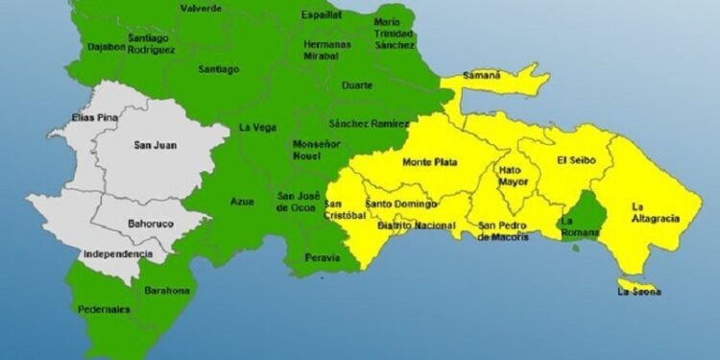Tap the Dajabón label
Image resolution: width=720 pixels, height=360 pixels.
pos(106,46)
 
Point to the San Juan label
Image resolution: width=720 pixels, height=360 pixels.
pos(154,145)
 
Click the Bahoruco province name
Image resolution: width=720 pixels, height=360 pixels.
pos(149,224)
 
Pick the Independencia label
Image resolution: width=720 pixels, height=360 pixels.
pos(118,253)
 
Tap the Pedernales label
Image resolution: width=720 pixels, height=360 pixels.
pos(105,309)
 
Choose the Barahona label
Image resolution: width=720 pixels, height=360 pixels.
pos(167,290)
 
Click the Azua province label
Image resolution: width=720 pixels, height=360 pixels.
pos(242,202)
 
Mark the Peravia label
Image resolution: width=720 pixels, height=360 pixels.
pos(322,258)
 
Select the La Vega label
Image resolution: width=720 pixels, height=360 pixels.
pos(257,128)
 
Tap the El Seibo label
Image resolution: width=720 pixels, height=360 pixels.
pos(577,160)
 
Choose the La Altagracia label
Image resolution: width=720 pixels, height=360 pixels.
pos(657,212)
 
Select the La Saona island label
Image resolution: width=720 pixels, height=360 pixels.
pos(639,291)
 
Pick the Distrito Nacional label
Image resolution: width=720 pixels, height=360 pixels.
pos(415,225)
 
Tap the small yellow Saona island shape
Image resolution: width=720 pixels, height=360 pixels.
pos(630,281)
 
